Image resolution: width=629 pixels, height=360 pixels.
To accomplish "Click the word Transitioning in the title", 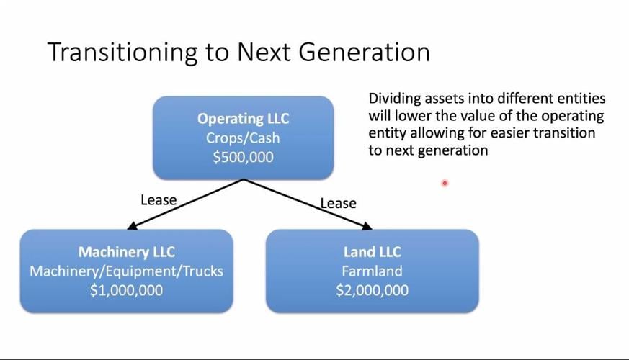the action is pyautogui.click(x=122, y=52).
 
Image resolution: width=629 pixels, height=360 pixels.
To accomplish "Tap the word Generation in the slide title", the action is pyautogui.click(x=365, y=52).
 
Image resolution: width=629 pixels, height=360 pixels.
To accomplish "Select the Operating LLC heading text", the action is pyautogui.click(x=243, y=119).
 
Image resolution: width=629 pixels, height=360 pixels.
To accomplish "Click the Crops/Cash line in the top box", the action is pyautogui.click(x=243, y=138).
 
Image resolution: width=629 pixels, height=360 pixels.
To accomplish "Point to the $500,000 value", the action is pyautogui.click(x=243, y=157).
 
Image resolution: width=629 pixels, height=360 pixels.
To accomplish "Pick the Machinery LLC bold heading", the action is pyautogui.click(x=127, y=252).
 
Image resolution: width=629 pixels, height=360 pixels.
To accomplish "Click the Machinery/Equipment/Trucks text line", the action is pyautogui.click(x=126, y=271).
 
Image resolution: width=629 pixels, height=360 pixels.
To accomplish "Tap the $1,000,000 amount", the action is pyautogui.click(x=126, y=290).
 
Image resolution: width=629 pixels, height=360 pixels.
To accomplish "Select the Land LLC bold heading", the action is pyautogui.click(x=373, y=252).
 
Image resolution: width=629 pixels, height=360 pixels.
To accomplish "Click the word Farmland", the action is pyautogui.click(x=373, y=271).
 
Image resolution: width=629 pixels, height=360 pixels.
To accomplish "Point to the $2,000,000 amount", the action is pyautogui.click(x=373, y=290).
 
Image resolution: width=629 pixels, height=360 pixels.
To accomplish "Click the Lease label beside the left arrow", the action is pyautogui.click(x=159, y=200).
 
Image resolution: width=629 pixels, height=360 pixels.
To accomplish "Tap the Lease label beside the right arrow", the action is pyautogui.click(x=338, y=204).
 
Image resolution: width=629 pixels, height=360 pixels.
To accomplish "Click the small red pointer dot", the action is pyautogui.click(x=445, y=183).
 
